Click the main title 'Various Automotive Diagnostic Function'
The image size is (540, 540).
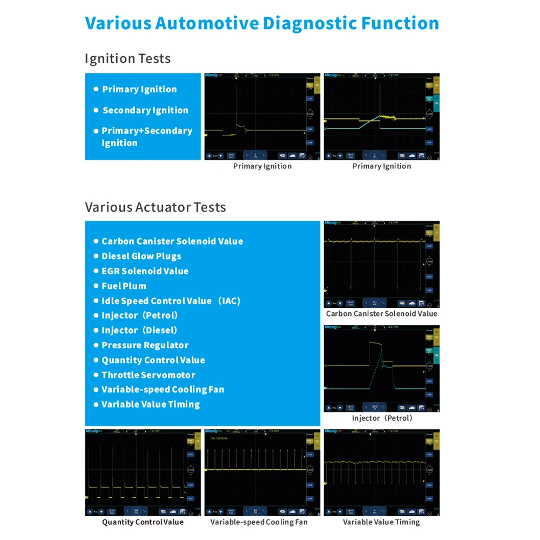[x=262, y=23]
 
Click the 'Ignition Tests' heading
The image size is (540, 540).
[x=127, y=58]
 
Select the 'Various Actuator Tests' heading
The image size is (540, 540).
[x=155, y=207]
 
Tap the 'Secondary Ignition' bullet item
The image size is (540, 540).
[x=145, y=110]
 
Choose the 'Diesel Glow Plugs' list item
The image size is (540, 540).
[x=141, y=256]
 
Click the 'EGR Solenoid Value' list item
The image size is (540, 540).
[x=145, y=271]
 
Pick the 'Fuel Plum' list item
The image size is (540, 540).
[x=124, y=286]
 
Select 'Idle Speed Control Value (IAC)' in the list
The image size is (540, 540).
[x=171, y=301]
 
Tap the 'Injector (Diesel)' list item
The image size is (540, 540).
[x=139, y=330]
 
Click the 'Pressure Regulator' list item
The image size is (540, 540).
[x=145, y=345]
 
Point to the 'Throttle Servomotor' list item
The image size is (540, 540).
[x=148, y=375]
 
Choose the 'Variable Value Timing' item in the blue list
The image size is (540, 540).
[x=150, y=404]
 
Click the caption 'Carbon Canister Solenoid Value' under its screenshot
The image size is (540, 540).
[x=381, y=314]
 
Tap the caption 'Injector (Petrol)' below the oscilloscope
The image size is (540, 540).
[x=382, y=418]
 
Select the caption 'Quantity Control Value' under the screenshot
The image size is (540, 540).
[x=143, y=522]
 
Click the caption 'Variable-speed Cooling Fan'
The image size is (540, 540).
[x=259, y=522]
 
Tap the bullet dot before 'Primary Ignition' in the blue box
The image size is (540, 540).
[x=96, y=89]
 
